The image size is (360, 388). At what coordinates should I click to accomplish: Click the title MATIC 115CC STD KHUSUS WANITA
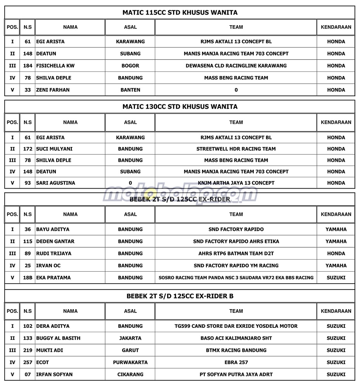coord(180,12)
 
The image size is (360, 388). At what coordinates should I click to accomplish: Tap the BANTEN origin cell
coord(130,90)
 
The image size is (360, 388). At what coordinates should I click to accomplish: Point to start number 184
coord(28,66)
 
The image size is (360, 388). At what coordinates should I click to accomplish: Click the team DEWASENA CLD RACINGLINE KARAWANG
coord(236,66)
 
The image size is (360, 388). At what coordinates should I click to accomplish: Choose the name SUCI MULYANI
coord(54,149)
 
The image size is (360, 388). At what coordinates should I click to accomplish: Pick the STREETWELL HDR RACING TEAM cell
coord(236,149)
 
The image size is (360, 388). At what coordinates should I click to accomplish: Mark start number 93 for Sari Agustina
coord(28,183)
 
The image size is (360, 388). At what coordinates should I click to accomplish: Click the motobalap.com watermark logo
coord(180,194)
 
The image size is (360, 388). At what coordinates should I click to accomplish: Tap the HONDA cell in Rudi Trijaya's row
coord(336,253)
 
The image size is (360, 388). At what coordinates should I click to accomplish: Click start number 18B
coord(28,277)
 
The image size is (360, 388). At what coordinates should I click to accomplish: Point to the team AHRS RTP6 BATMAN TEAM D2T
coord(236,253)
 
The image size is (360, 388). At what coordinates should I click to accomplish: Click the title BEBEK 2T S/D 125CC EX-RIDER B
coord(180,296)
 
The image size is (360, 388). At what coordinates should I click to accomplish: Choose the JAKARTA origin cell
coord(130,338)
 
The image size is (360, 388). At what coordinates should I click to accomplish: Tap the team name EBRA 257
coord(236,362)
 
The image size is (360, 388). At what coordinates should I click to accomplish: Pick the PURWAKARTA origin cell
coord(130,362)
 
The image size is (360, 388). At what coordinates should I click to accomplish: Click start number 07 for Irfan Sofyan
coord(28,374)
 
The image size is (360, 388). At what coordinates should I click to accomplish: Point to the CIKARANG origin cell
coord(130,374)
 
